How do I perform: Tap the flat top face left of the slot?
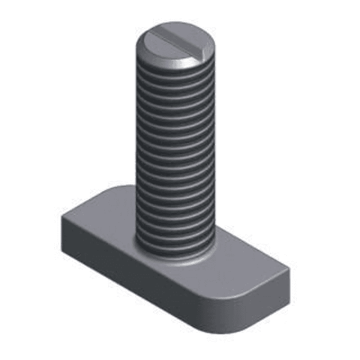click(161, 47)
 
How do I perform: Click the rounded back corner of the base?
click(119, 188)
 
